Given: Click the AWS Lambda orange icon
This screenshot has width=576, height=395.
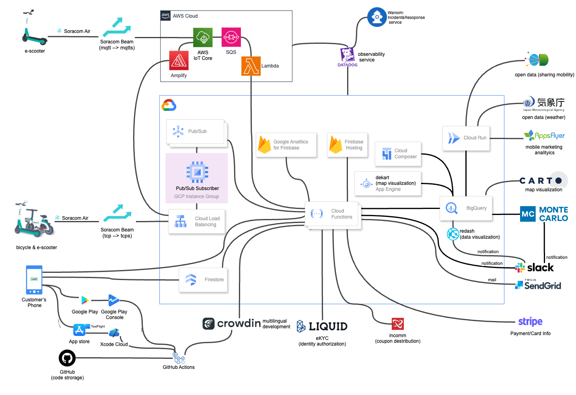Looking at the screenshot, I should (251, 66).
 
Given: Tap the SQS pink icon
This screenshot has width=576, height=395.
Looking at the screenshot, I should (231, 37).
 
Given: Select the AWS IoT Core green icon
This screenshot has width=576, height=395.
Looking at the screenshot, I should (203, 38).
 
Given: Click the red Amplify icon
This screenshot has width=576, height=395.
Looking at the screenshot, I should (179, 61).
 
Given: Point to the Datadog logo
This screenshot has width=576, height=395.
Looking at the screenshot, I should (348, 55).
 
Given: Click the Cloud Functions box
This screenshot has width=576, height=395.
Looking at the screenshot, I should (333, 214).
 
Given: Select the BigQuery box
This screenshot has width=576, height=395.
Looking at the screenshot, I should (466, 208).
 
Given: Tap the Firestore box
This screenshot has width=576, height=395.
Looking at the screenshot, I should (203, 280).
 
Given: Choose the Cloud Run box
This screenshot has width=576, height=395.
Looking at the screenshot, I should (466, 138).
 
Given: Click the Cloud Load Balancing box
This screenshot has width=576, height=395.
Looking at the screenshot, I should (197, 221).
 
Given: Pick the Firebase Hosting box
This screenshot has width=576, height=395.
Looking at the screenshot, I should (347, 145).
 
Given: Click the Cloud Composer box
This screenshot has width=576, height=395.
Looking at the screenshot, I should (398, 153).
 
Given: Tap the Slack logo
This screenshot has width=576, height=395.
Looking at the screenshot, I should (535, 267).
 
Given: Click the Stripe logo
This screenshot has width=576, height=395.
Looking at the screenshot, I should (530, 321).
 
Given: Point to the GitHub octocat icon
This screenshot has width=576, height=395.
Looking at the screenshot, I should (67, 358).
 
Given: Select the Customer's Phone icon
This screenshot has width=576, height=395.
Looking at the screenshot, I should (34, 280).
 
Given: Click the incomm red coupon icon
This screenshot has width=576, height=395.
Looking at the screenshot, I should (397, 324).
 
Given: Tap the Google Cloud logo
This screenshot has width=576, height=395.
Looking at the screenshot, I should (169, 105).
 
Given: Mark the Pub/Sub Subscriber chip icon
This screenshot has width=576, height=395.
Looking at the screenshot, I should (197, 172).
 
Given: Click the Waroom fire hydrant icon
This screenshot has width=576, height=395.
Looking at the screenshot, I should (377, 17).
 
